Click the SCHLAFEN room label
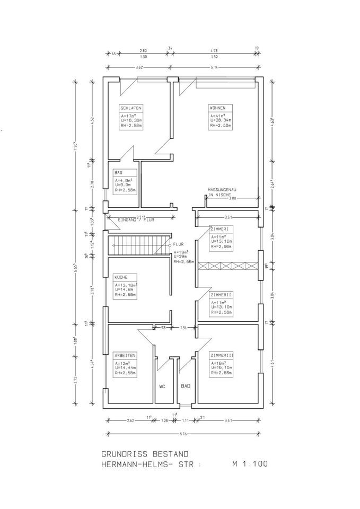[129, 108]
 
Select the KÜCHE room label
[121, 277]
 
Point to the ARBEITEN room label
[125, 355]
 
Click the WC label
[163, 387]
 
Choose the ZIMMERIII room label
[222, 355]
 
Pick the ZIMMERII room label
[221, 294]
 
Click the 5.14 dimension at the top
[215, 67]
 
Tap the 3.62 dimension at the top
[139, 67]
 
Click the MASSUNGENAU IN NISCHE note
[225, 192]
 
